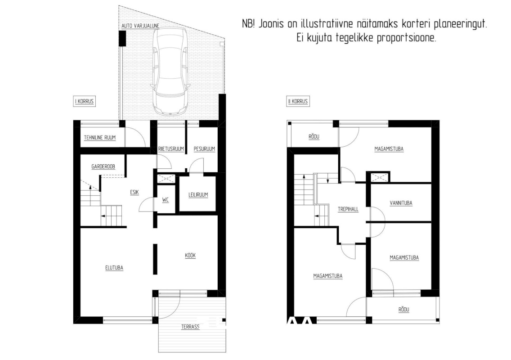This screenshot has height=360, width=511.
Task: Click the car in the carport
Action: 170,71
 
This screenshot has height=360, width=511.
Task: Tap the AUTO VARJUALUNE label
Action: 140,26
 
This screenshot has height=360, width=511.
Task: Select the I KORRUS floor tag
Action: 85,101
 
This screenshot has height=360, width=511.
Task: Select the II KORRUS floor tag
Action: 298,101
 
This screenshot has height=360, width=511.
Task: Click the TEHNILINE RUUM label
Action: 100,138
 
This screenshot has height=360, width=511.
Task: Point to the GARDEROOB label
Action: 103,166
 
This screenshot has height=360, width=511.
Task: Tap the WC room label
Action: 166,200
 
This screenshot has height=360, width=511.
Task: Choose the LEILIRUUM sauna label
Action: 198,195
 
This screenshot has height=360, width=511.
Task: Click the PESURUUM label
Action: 204,149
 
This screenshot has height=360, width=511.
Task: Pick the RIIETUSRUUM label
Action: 171,149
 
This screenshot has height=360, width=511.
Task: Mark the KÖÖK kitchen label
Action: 190,255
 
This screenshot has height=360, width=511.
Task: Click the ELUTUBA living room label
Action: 114,268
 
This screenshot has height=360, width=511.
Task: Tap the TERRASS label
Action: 190,327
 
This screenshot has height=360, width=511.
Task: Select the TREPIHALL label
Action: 348,209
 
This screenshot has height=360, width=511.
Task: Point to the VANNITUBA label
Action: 401,203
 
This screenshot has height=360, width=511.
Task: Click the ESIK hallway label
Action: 134,193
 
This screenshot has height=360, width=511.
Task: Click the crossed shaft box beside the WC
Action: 166,179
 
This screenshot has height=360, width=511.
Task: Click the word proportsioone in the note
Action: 406,38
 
